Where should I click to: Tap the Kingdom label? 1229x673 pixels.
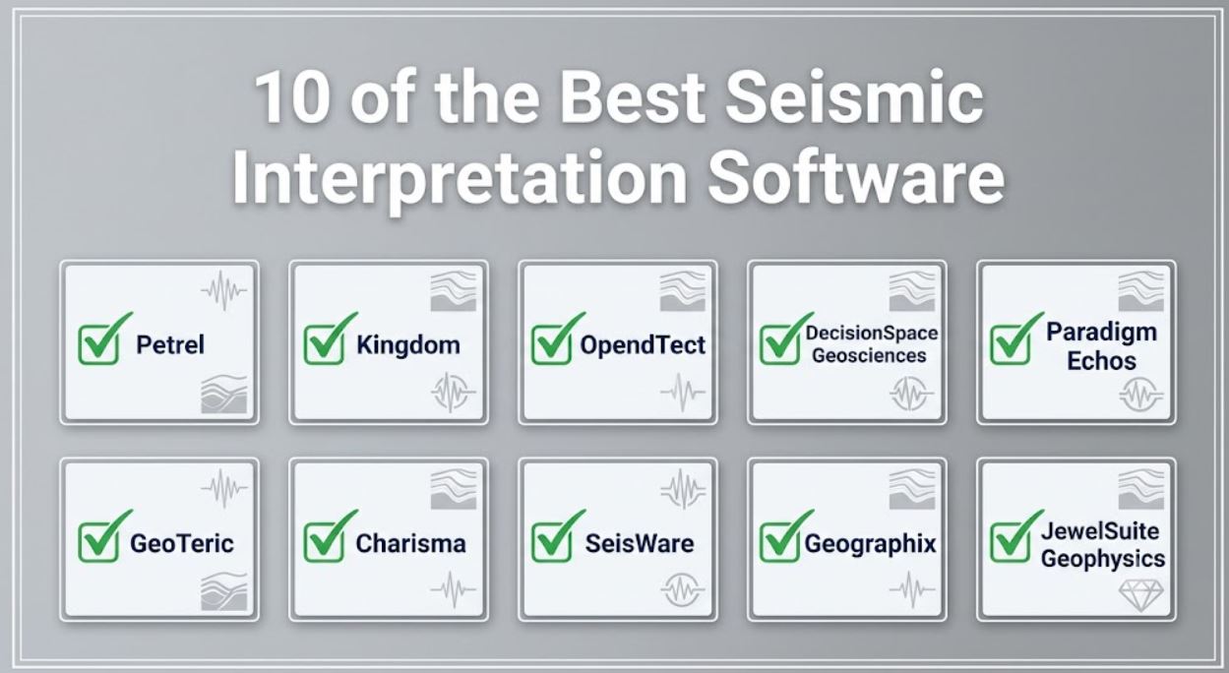[408, 345]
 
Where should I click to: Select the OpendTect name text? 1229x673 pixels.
[643, 345]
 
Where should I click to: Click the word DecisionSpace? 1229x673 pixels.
[871, 333]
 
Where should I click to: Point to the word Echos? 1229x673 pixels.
[1101, 361]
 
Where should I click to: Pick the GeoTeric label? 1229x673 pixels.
[182, 543]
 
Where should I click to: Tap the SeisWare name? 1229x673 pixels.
[640, 543]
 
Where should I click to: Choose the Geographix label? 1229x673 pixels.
[870, 544]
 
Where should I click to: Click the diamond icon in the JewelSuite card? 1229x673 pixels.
[1140, 594]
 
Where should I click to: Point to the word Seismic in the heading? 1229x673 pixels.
[854, 97]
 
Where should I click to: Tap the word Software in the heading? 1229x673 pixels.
[856, 177]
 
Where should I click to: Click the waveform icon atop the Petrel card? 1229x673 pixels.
[223, 290]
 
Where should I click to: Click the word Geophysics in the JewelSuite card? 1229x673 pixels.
[1103, 559]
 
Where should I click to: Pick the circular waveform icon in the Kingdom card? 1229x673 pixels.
[453, 393]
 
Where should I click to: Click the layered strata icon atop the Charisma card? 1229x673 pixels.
[454, 488]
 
